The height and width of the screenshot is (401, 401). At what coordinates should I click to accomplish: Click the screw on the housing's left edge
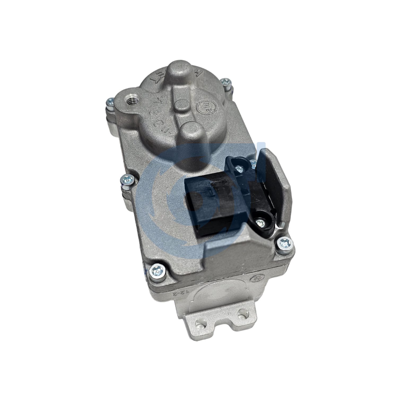[x=127, y=180]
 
